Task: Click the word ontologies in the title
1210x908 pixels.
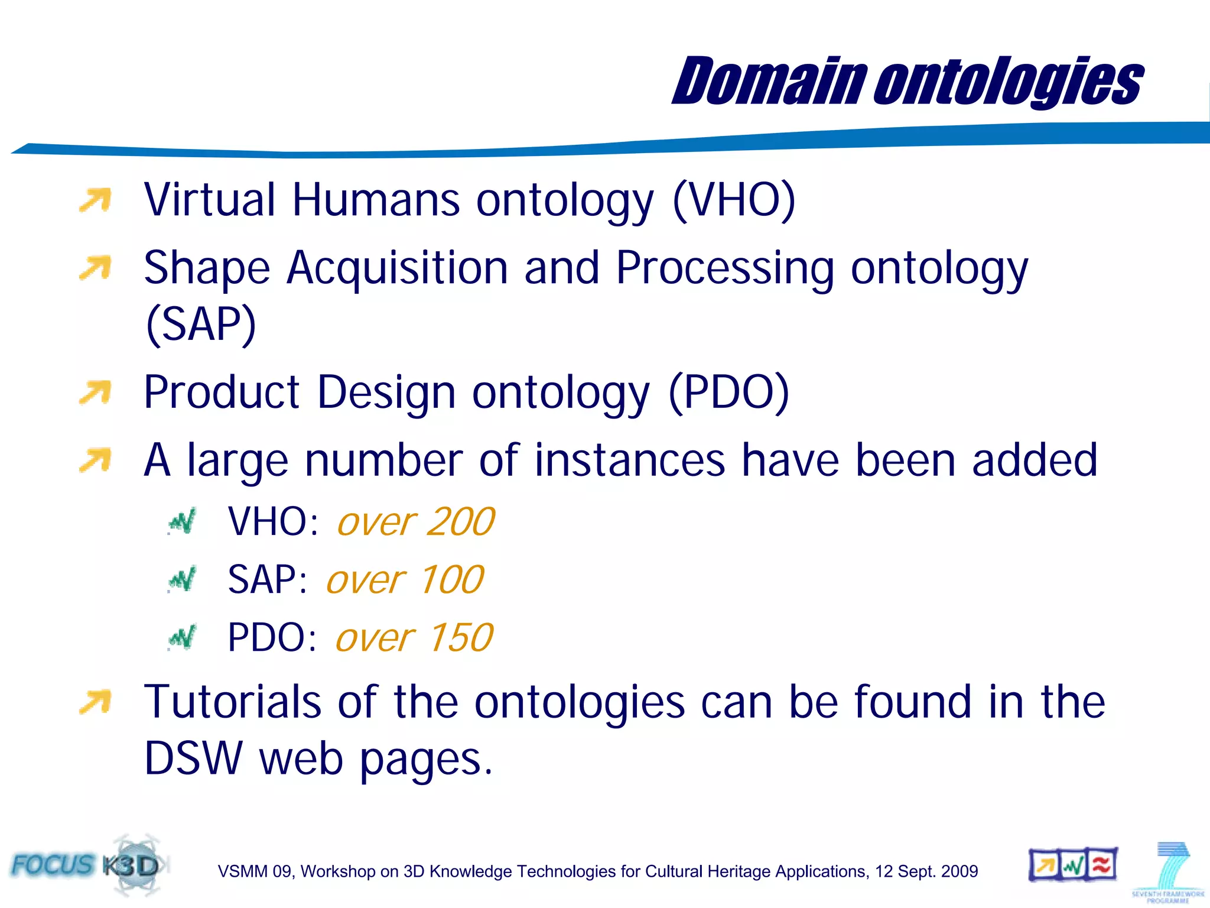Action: [x=1008, y=83]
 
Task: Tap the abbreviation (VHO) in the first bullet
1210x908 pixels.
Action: [x=734, y=200]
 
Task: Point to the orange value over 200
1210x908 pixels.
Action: [x=415, y=522]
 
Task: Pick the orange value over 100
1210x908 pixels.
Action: [x=405, y=579]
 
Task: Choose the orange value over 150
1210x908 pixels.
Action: [x=414, y=638]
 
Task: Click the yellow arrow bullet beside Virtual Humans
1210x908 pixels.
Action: [x=95, y=200]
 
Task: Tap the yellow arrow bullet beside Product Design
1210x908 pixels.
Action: [x=95, y=393]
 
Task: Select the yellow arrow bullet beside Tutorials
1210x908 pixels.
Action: [x=95, y=702]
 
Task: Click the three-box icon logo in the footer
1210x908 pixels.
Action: [x=1073, y=865]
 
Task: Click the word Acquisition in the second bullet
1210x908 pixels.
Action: [x=397, y=268]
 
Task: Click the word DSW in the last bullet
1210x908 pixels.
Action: [x=193, y=758]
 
